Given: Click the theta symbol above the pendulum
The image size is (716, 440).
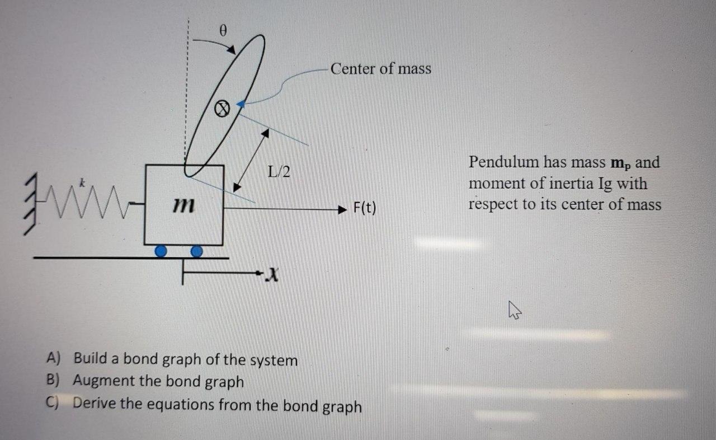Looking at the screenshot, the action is tap(223, 31).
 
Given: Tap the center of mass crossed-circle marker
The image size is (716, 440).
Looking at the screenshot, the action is tap(222, 109).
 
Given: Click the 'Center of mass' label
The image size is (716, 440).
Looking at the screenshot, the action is tap(380, 69).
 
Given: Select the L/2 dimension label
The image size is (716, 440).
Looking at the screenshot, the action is tap(279, 172).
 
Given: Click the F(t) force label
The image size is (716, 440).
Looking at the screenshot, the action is tap(365, 209).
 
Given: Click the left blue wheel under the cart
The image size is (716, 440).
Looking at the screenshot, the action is tap(161, 252).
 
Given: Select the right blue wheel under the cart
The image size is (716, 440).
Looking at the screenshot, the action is tap(196, 252).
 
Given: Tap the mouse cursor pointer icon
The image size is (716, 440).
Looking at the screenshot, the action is tap(514, 309).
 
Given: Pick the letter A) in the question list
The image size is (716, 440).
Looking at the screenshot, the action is tap(53, 358).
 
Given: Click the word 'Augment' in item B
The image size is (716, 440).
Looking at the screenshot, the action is tap(104, 381).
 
